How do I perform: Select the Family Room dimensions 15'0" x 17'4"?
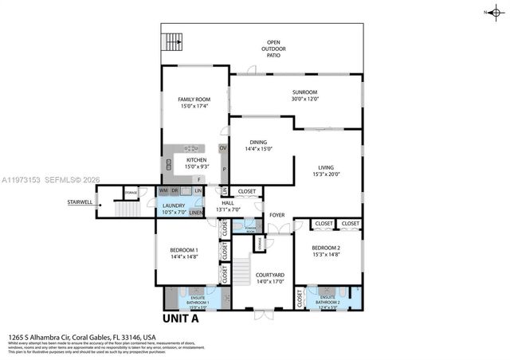point(193,106)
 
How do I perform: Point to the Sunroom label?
point(305,92)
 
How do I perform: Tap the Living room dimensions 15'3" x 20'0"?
point(327,174)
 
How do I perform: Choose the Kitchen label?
point(196,160)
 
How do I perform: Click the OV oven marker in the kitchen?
point(223,148)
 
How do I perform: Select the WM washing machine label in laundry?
point(163,190)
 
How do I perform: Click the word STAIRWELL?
point(80,202)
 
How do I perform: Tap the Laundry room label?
point(174,205)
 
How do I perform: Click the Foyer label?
point(277,215)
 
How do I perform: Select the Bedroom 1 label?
point(184,251)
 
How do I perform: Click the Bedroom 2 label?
point(327,248)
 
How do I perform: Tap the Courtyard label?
point(269,275)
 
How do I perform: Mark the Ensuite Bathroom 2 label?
point(328,302)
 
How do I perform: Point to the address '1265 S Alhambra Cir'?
point(48,337)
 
